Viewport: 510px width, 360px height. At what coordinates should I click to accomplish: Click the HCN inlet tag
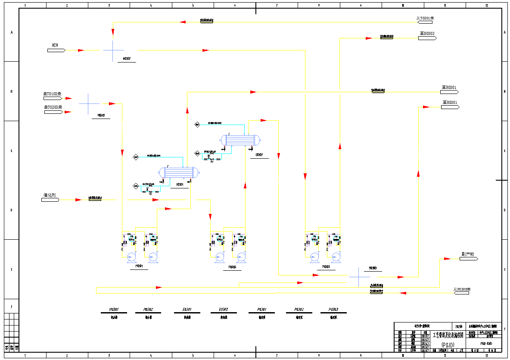tap(56, 50)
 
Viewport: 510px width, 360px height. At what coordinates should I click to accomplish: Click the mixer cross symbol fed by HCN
tap(114, 50)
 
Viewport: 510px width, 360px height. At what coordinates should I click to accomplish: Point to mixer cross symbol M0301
tap(89, 103)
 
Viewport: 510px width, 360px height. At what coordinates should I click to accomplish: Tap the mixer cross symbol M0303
tap(359, 276)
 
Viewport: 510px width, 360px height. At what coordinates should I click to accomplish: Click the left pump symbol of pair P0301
tap(131, 257)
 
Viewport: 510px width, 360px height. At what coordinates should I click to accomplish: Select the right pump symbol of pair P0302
tap(336, 257)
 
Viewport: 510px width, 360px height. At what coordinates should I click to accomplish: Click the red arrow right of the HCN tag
tap(81, 50)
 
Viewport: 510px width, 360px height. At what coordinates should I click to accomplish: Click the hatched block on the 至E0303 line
tap(386, 37)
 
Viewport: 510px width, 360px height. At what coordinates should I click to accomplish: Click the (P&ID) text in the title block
tap(448, 344)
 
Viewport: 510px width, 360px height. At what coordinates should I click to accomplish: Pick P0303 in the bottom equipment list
tap(333, 310)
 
